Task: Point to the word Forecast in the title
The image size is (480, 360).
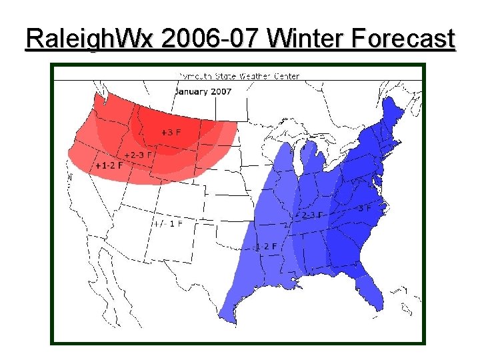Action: (403, 39)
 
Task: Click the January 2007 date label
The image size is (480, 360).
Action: (203, 91)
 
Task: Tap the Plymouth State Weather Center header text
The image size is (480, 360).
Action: (239, 76)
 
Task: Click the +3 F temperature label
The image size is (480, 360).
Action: (170, 133)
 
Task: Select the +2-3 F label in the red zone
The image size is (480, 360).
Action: (138, 155)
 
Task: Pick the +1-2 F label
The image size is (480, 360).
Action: (109, 165)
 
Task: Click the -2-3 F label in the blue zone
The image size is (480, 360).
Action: (309, 215)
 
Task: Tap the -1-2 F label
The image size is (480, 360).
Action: (267, 246)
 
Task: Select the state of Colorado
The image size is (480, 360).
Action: (181, 200)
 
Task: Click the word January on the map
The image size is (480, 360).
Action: (191, 91)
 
